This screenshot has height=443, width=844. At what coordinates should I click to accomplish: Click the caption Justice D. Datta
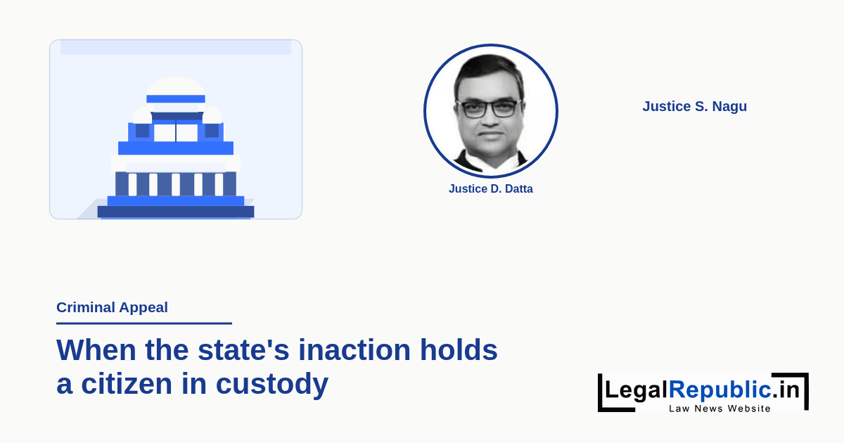pyautogui.click(x=491, y=188)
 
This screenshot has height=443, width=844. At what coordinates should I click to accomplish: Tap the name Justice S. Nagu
pyautogui.click(x=694, y=106)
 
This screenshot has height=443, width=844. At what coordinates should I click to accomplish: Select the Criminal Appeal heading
pyautogui.click(x=112, y=307)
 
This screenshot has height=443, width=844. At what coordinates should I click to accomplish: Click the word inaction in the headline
pyautogui.click(x=354, y=350)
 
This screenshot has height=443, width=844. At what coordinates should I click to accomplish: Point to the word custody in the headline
pyautogui.click(x=272, y=384)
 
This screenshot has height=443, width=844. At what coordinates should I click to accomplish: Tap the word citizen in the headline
pyautogui.click(x=127, y=384)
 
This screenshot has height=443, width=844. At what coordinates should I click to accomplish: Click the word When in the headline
pyautogui.click(x=96, y=350)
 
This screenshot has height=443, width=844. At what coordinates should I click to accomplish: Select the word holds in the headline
pyautogui.click(x=459, y=350)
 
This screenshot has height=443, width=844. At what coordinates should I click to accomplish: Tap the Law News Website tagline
pyautogui.click(x=720, y=409)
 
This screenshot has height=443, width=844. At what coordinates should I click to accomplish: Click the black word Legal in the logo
pyautogui.click(x=637, y=390)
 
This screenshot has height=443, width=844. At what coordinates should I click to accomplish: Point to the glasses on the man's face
pyautogui.click(x=490, y=108)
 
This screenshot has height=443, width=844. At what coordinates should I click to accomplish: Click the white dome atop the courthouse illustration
pyautogui.click(x=176, y=86)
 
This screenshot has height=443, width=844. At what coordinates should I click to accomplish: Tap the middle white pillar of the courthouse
pyautogui.click(x=176, y=184)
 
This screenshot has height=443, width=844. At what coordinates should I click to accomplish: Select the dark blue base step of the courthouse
pyautogui.click(x=176, y=212)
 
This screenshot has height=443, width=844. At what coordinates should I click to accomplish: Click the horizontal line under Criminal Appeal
pyautogui.click(x=144, y=323)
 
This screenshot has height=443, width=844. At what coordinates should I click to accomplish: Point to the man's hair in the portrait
pyautogui.click(x=489, y=70)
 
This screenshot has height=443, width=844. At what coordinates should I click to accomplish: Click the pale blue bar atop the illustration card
pyautogui.click(x=176, y=48)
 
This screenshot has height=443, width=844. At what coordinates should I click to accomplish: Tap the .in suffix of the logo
pyautogui.click(x=785, y=389)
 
